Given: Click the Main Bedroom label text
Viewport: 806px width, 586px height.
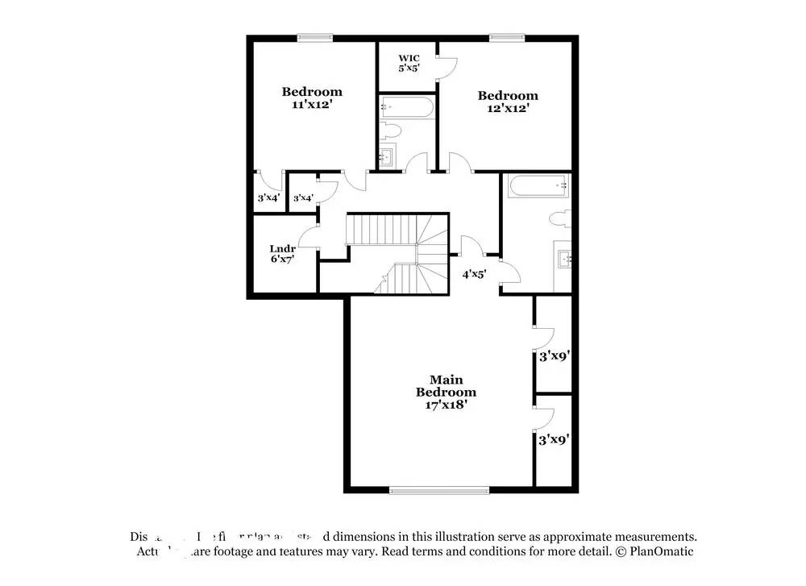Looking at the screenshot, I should coord(446,385).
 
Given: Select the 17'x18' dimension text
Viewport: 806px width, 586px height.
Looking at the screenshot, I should coord(446,405).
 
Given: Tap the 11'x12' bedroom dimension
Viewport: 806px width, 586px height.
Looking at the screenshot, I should coord(311,105).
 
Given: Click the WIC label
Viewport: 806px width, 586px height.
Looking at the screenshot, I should coord(408,58).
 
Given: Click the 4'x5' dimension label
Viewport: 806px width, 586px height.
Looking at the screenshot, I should coord(474,274).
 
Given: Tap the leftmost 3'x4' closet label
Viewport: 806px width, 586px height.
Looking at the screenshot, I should coord(267,198).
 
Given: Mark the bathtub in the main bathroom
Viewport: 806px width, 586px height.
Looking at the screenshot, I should coord(538,186).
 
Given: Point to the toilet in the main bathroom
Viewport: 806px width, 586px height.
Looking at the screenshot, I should coord(559,218).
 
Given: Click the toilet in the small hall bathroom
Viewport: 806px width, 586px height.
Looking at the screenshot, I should coord(390,131).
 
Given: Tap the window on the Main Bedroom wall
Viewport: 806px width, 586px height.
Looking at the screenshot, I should coord(439,489).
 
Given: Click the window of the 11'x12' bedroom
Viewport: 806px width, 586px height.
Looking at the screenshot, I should coord(314,36).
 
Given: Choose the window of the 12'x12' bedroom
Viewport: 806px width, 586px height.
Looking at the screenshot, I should coord(507,36).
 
